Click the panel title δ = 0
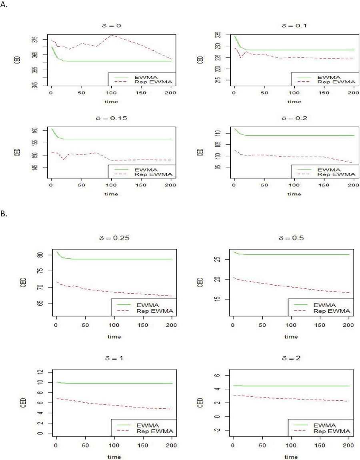pyautogui.click(x=112, y=26)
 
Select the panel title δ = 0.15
pyautogui.click(x=112, y=119)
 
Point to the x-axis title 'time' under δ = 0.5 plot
pyautogui.click(x=291, y=337)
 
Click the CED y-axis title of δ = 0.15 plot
pyautogui.click(x=18, y=152)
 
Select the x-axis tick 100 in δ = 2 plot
pyautogui.click(x=291, y=446)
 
